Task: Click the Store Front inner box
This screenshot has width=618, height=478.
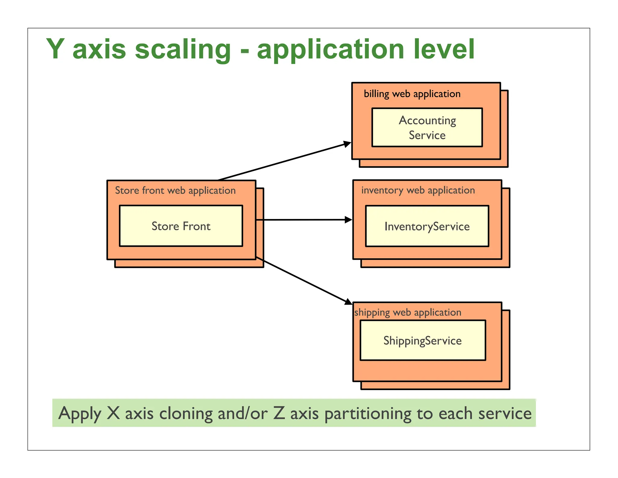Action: coord(181,226)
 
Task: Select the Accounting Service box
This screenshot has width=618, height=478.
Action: coord(427,128)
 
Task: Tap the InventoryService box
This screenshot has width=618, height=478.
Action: coord(427,226)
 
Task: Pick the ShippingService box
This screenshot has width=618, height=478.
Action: coord(423,341)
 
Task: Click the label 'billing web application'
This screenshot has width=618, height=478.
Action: coord(412,94)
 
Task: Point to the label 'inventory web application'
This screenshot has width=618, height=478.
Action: coord(418,190)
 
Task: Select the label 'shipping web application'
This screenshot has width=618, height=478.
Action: coord(408,312)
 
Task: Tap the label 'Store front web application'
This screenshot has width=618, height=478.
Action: coord(175,191)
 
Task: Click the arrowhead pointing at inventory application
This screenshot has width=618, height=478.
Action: coord(349,220)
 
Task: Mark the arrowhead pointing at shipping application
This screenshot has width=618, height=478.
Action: coord(349,302)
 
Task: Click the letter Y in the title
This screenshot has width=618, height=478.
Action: coord(56,49)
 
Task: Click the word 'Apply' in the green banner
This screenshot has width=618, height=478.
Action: coord(80,414)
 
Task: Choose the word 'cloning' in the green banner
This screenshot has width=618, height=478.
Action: coord(186,413)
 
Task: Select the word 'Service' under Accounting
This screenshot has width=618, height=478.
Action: coord(427,135)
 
